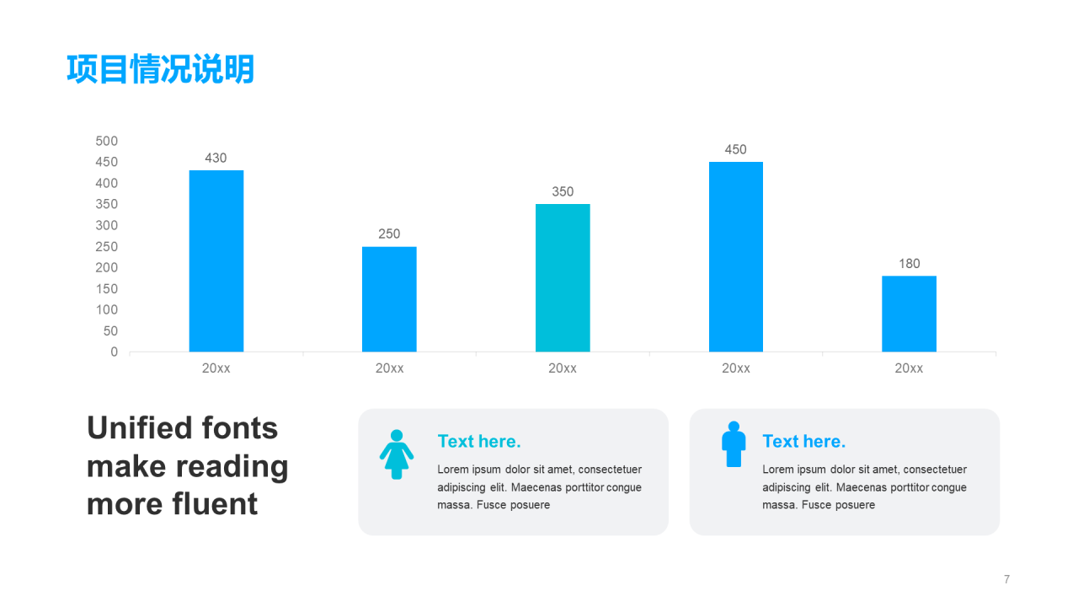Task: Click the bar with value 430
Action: coord(216,261)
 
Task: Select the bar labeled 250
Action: coord(389,299)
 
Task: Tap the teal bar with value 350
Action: coord(563,278)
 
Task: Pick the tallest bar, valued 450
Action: coord(735,257)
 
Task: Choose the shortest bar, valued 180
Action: coord(909,314)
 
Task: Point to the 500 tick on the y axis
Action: coord(106,141)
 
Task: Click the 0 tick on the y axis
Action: coord(114,352)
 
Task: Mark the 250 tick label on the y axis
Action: coord(106,247)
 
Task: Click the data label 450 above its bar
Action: coord(735,150)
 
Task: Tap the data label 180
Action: coord(909,264)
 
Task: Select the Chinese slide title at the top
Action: coord(160,69)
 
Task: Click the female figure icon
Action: coord(396,454)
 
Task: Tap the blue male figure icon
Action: coord(734,444)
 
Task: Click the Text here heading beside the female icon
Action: coord(479,442)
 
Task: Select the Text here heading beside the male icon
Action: coord(803,442)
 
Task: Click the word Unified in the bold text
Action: coord(140,428)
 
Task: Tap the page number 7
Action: coord(1006,579)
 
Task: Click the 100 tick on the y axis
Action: coord(106,310)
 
